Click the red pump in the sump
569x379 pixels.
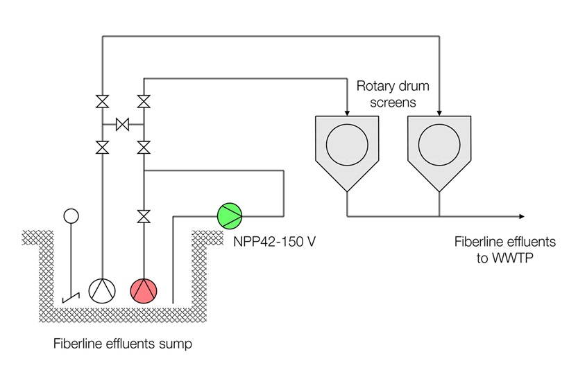[x=144, y=290]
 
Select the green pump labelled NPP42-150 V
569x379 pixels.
[x=230, y=215]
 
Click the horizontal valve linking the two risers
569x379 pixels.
[x=123, y=125]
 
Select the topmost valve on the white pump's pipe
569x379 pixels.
[x=102, y=102]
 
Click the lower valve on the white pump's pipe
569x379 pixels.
[x=102, y=147]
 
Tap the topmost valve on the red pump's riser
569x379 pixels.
[x=144, y=102]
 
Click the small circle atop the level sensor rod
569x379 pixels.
[x=70, y=216]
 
